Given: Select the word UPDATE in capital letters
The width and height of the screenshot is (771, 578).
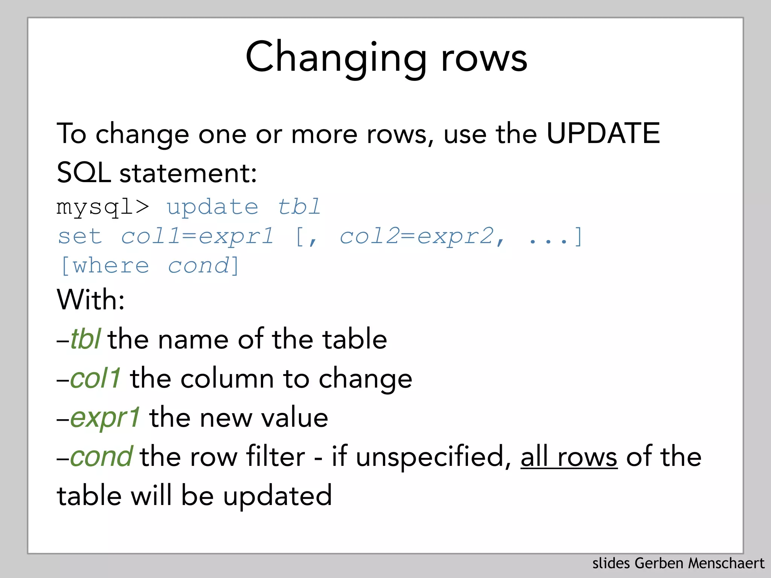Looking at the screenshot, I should [x=603, y=133].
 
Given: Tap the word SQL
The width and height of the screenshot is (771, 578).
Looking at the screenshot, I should [x=84, y=173].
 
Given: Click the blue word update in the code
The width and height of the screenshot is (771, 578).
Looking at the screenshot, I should [x=212, y=207].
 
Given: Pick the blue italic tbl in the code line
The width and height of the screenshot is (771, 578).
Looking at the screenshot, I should [x=299, y=207].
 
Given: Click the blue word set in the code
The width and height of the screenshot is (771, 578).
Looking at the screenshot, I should [x=80, y=236].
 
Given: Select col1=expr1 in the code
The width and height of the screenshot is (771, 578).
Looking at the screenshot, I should [x=197, y=236].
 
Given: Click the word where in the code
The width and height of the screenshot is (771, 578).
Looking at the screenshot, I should [x=111, y=266].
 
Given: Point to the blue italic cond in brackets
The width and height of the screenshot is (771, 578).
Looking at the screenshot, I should [x=198, y=266].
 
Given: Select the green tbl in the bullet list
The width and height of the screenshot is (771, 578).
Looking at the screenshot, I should [x=85, y=339].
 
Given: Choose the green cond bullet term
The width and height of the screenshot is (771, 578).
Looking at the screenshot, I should [x=101, y=456].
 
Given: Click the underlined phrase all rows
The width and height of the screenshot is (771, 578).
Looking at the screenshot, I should [x=568, y=457].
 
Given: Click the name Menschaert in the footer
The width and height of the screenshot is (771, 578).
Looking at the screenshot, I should [x=726, y=563].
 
